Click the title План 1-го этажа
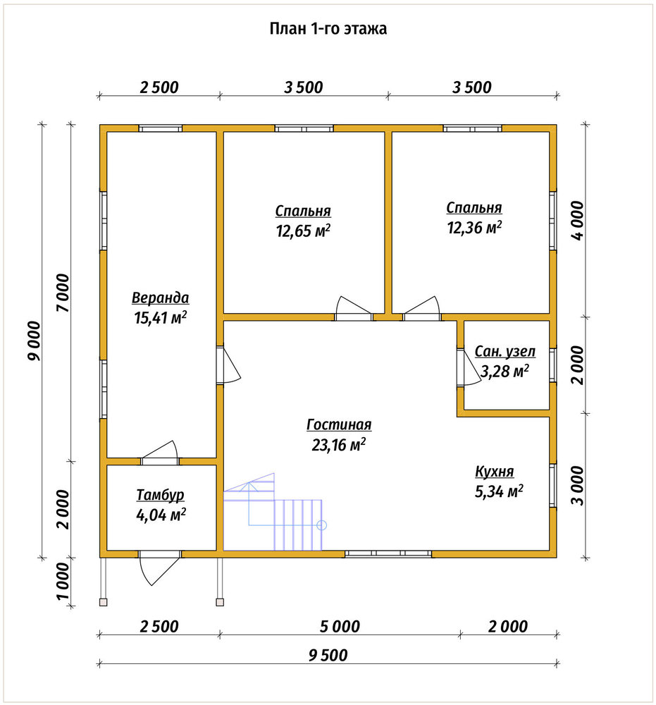pyautogui.click(x=328, y=28)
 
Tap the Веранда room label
pyautogui.click(x=160, y=298)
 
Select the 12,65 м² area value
pyautogui.click(x=303, y=231)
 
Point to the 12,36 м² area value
pyautogui.click(x=474, y=228)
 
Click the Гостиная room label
pyautogui.click(x=339, y=424)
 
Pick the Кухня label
pyautogui.click(x=494, y=472)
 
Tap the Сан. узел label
pyautogui.click(x=505, y=351)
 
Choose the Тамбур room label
pyautogui.click(x=160, y=495)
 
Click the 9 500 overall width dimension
pyautogui.click(x=328, y=655)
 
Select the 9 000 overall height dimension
pyautogui.click(x=34, y=341)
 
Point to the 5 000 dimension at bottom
pyautogui.click(x=340, y=626)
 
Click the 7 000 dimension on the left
pyautogui.click(x=63, y=293)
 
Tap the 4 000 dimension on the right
pyautogui.click(x=578, y=220)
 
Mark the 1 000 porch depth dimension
pyautogui.click(x=63, y=582)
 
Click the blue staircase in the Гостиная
pyautogui.click(x=273, y=513)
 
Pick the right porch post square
pyautogui.click(x=220, y=602)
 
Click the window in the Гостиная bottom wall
pyautogui.click(x=388, y=554)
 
